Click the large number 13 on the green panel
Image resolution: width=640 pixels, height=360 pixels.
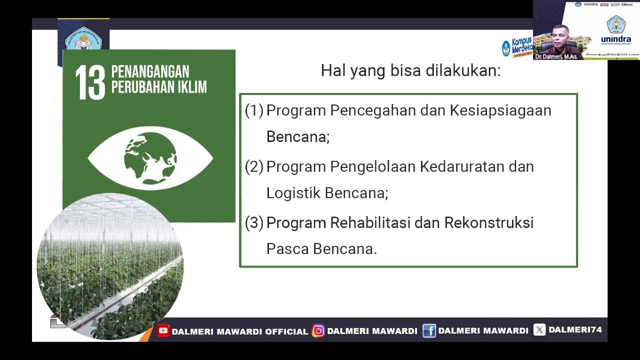tap(90, 82)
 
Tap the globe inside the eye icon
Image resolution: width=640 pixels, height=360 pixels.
tap(150, 158)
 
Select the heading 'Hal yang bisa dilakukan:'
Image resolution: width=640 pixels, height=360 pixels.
tap(410, 70)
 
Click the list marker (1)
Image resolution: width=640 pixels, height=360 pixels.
tap(254, 110)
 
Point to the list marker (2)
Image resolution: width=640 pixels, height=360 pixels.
tap(254, 166)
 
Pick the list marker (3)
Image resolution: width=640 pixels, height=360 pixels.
tap(254, 222)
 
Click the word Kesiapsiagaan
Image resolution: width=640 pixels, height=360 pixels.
tap(500, 110)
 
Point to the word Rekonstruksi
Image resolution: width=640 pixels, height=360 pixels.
tap(488, 222)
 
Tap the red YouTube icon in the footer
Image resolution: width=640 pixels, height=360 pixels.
tap(163, 330)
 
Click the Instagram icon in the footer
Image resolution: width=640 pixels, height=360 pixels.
tap(318, 330)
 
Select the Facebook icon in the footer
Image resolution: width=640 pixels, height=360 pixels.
tap(429, 330)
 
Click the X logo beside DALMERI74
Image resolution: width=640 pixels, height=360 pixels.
tap(539, 330)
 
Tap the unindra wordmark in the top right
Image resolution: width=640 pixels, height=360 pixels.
tap(615, 39)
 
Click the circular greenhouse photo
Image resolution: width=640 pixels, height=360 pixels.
tap(110, 265)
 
